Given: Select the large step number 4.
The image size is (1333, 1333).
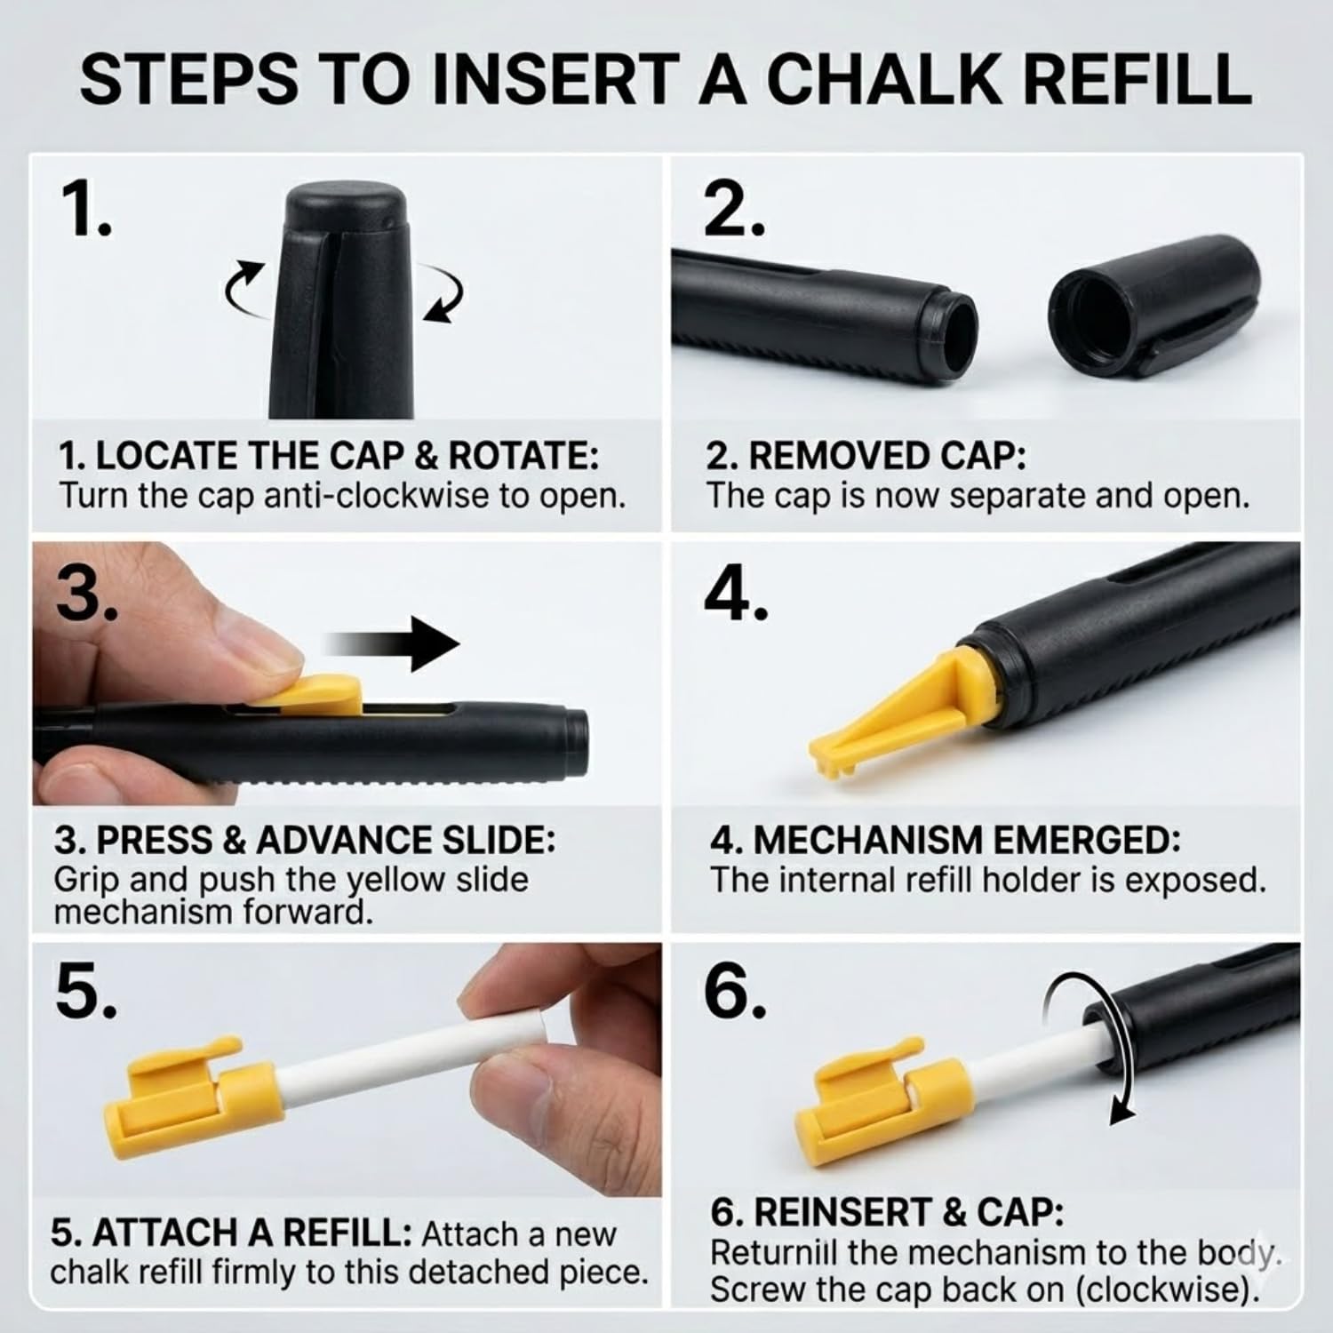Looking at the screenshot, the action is [x=735, y=593].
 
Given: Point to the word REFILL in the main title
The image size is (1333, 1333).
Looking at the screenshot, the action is [x=1144, y=79].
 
